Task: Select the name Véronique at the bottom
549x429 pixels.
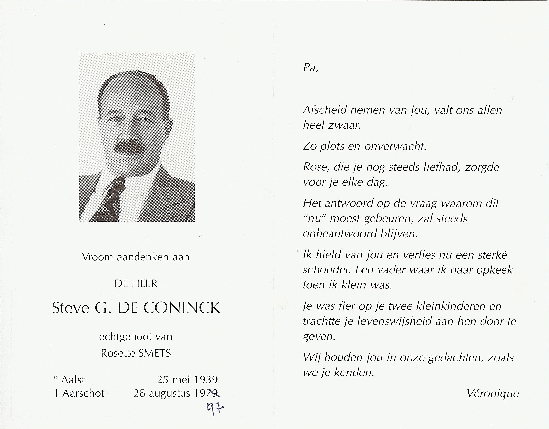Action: point(493,393)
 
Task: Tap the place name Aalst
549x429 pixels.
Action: point(73,379)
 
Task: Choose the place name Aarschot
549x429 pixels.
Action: point(83,393)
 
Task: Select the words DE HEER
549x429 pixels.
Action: point(136,284)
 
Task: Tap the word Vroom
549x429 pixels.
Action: point(97,257)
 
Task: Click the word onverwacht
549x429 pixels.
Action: point(395,146)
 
